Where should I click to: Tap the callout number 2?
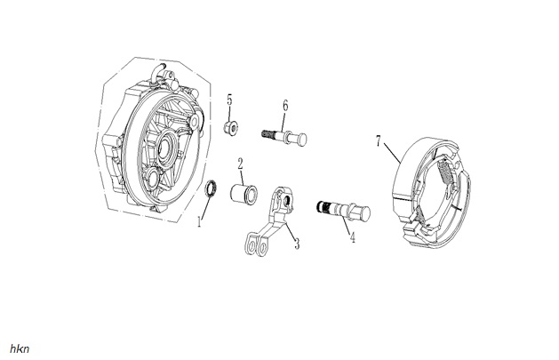240,164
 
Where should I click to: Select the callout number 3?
297,244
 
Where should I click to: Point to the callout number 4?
353,237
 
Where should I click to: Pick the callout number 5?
229,100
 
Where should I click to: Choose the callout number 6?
285,106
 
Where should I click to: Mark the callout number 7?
379,141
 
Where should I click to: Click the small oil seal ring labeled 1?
212,188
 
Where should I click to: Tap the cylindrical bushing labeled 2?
244,194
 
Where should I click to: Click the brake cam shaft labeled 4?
344,211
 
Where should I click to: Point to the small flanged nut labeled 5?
231,128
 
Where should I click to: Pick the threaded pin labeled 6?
284,137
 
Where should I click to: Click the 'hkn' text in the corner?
20,349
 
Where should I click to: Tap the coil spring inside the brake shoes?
446,171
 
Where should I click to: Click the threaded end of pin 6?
268,134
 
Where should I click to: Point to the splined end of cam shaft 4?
323,206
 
